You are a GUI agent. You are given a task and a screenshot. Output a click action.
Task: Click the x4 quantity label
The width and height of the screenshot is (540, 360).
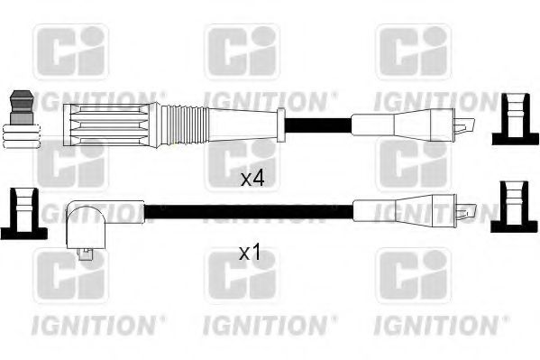[252, 179]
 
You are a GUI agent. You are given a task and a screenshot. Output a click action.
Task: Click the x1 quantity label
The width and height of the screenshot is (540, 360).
[250, 254]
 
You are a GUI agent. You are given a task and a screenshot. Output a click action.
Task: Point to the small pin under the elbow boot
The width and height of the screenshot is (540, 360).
[87, 254]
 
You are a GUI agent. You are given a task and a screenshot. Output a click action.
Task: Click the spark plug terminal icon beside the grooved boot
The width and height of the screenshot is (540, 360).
[22, 122]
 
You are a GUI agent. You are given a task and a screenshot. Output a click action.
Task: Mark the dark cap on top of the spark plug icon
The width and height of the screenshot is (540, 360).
[22, 97]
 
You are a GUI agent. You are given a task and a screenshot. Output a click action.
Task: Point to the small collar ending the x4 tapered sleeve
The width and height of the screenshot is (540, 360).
[281, 122]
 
